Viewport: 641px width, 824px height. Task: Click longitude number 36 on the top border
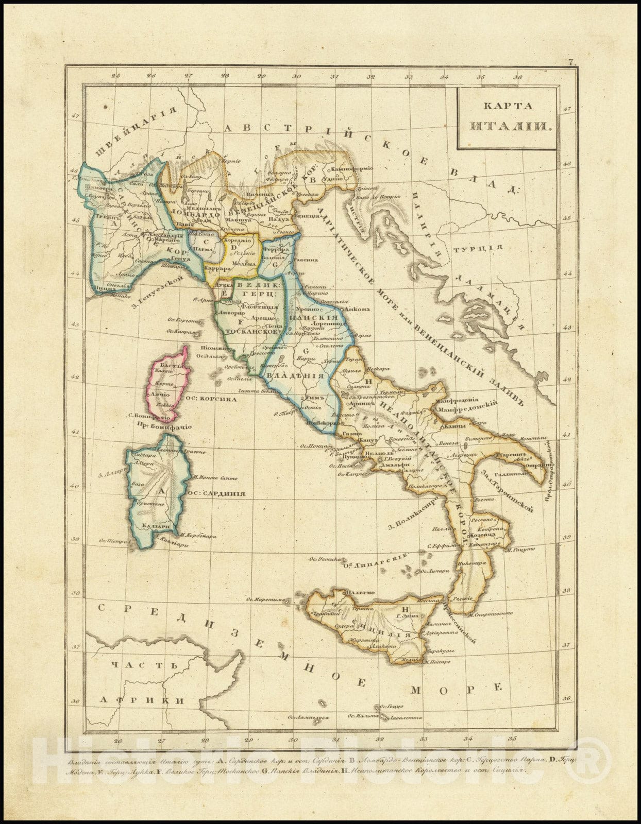click(518, 77)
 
